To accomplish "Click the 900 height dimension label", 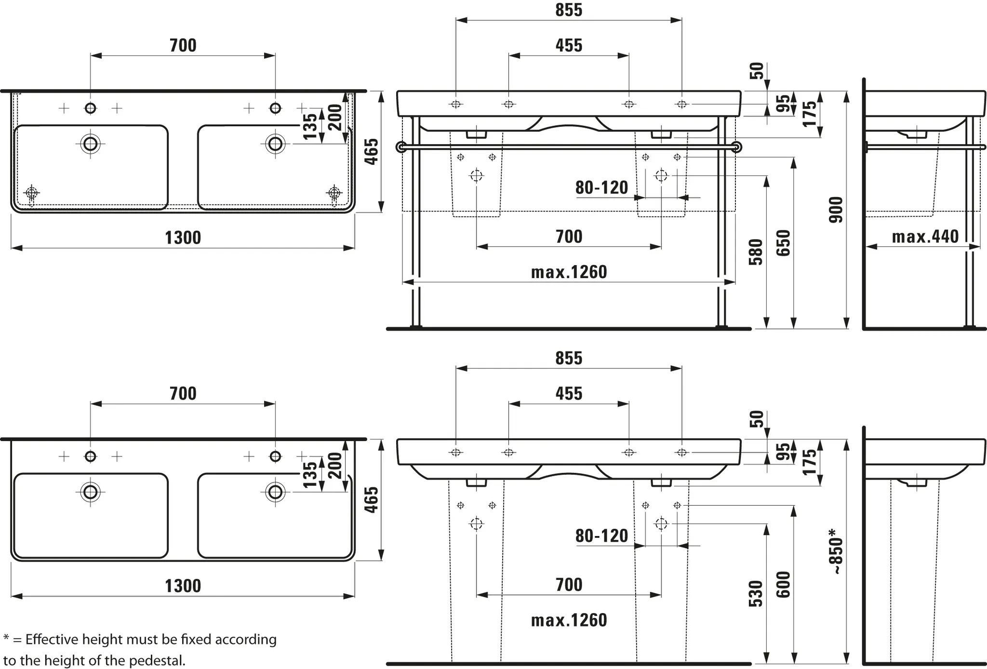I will click(x=837, y=210).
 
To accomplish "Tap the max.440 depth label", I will click(x=925, y=237).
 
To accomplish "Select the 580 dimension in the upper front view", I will click(x=756, y=252).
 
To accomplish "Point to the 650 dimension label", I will click(x=784, y=243).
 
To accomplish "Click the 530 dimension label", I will click(x=756, y=593).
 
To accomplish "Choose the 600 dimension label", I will click(x=784, y=584).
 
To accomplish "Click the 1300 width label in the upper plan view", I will click(x=183, y=238).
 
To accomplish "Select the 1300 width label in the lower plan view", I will click(x=183, y=586).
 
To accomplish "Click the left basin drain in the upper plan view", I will click(x=91, y=144).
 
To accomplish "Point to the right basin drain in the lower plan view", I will click(x=275, y=492).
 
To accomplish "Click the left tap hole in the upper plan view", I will click(x=91, y=108).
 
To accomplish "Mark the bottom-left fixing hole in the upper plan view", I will click(x=32, y=193).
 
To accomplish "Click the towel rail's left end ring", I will click(x=401, y=147).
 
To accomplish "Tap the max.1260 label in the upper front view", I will click(x=569, y=272).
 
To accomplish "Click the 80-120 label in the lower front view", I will click(x=601, y=535).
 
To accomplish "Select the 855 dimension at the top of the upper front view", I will click(x=569, y=10).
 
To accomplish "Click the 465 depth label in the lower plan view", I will click(x=371, y=500).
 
